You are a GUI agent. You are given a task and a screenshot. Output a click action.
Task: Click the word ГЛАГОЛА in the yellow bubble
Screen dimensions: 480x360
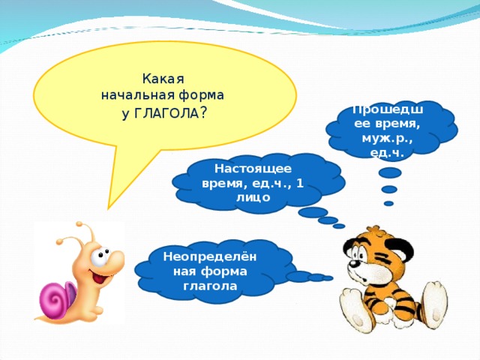pos(166,114)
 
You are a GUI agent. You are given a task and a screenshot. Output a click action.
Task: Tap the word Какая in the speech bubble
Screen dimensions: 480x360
pos(163,79)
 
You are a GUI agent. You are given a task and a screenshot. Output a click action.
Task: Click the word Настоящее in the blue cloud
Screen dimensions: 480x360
pos(253,169)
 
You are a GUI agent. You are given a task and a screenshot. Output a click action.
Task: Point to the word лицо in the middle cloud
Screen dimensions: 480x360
pos(253,197)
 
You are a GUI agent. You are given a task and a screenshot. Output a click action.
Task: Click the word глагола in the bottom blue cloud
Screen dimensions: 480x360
pos(210,286)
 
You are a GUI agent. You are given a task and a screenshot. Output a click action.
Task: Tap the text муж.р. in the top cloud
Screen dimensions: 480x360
pos(387,139)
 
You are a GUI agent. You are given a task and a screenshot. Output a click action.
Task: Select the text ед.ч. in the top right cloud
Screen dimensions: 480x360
pos(387,153)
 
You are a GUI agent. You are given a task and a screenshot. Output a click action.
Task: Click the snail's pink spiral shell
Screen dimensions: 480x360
pos(57,297)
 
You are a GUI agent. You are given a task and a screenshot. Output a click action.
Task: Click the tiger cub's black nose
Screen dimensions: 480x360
pos(353,264)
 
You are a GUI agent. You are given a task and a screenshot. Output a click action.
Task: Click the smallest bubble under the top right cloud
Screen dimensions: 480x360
pos(388,203)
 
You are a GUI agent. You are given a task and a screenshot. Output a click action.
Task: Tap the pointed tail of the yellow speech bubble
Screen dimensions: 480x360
pos(108,209)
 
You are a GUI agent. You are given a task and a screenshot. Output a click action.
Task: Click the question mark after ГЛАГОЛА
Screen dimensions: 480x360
pos(203,114)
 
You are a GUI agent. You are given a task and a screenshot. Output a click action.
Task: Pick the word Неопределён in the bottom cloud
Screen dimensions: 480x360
pos(210,257)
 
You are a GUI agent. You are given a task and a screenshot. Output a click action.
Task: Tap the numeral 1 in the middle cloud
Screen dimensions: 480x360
pos(300,183)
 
